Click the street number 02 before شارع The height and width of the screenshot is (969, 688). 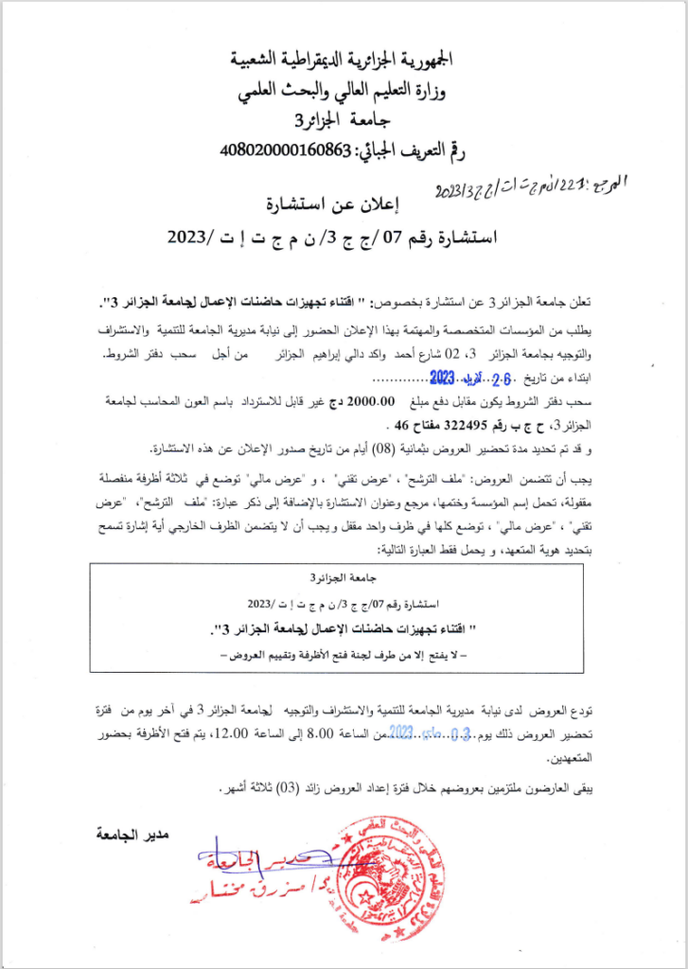(423, 355)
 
